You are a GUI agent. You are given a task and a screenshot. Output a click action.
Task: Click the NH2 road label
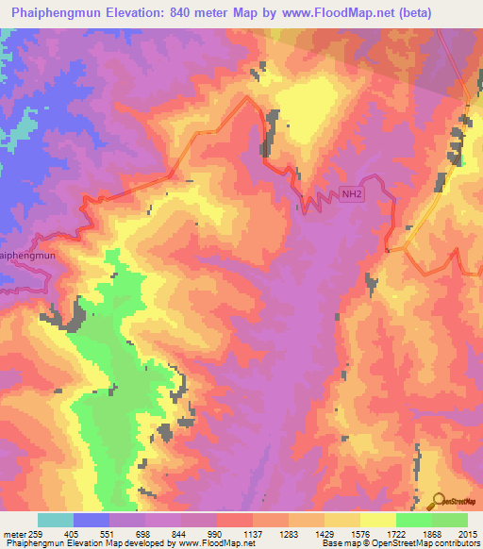(351, 195)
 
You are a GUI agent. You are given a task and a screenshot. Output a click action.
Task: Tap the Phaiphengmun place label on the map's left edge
(27, 256)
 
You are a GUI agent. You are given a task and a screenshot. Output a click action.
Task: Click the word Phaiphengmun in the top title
(46, 13)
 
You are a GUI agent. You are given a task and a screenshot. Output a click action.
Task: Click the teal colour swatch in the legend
(56, 520)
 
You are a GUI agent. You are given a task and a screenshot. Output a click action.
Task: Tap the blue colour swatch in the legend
(92, 520)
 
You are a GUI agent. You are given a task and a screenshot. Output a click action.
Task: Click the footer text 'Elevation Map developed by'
(117, 543)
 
